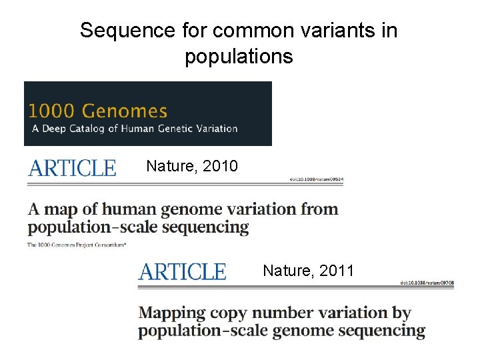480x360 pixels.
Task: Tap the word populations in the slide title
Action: pos(239,57)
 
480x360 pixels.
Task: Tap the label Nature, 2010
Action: pos(191,166)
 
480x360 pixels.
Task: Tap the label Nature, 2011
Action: pos(308,271)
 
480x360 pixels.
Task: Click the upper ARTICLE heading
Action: pos(72,167)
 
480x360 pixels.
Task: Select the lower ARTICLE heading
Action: pos(182,271)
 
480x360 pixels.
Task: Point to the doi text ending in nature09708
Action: pos(427,283)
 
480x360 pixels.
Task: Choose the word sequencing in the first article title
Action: pos(210,227)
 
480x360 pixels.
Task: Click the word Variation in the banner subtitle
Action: pos(215,129)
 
